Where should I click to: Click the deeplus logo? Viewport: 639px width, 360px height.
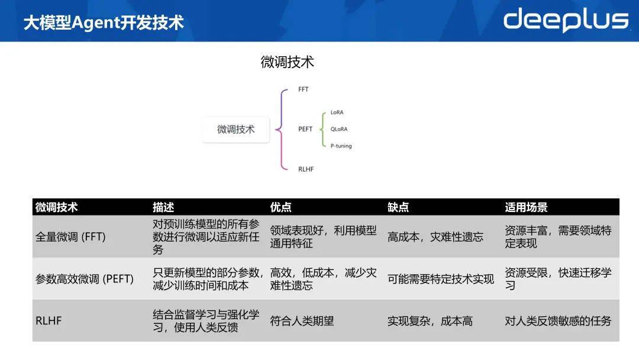(566, 20)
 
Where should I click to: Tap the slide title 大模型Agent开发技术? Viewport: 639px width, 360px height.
(104, 23)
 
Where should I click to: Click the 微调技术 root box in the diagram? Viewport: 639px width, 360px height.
(236, 130)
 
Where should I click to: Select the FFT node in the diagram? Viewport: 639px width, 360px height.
(303, 89)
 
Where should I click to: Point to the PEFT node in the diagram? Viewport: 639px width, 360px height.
(305, 129)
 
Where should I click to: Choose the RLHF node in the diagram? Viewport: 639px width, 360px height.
(306, 169)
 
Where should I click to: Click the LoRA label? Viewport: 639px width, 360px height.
(337, 112)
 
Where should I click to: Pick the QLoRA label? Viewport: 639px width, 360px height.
(339, 129)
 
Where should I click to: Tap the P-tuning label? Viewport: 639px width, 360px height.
(341, 146)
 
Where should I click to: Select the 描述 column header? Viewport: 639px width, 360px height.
(163, 207)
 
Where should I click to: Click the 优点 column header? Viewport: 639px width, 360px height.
(281, 207)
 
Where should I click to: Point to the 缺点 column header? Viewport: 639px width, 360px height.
(398, 207)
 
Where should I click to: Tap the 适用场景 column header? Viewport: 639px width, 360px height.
(526, 207)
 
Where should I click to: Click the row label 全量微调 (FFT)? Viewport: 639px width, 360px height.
(70, 237)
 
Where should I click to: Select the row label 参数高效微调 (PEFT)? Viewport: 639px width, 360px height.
(85, 279)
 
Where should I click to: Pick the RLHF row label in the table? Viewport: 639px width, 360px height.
(49, 321)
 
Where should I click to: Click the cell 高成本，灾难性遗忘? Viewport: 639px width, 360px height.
(435, 237)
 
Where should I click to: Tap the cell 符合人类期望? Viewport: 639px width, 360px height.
(302, 321)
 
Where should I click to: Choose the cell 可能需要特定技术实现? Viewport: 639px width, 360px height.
(441, 279)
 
